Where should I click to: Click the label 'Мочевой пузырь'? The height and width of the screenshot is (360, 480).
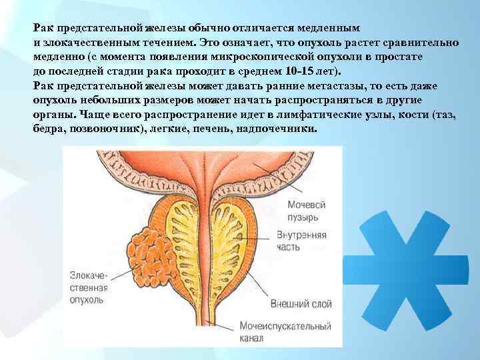pyautogui.click(x=307, y=209)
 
